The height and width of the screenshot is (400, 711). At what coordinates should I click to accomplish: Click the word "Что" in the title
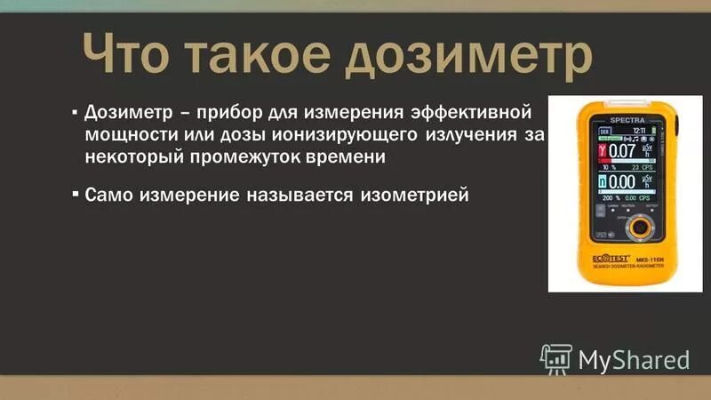[124, 57]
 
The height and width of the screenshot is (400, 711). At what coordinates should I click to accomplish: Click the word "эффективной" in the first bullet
[471, 116]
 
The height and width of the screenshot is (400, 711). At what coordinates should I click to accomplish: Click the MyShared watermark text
[634, 359]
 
